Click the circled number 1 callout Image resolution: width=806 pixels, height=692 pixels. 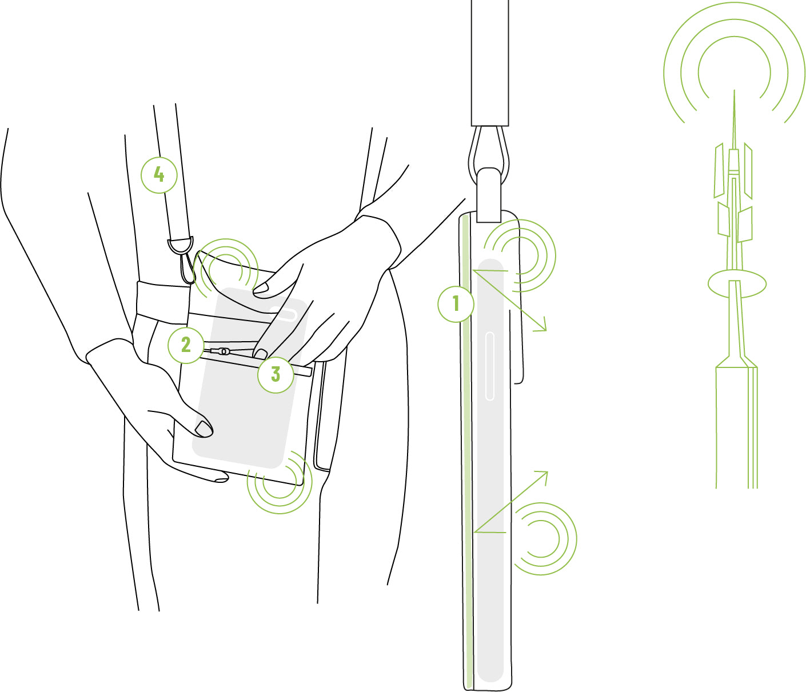tap(456, 303)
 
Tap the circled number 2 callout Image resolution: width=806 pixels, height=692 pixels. tap(186, 345)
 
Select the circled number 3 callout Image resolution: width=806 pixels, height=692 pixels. tap(276, 375)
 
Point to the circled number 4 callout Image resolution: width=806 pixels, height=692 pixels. tap(159, 175)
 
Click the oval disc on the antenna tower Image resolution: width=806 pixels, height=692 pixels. tap(737, 284)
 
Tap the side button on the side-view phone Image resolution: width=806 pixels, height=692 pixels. tap(490, 366)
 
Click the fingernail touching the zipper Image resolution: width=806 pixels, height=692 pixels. tap(260, 354)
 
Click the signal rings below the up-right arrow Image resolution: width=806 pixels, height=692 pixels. tap(546, 538)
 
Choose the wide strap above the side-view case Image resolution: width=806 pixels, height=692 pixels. tap(490, 63)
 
